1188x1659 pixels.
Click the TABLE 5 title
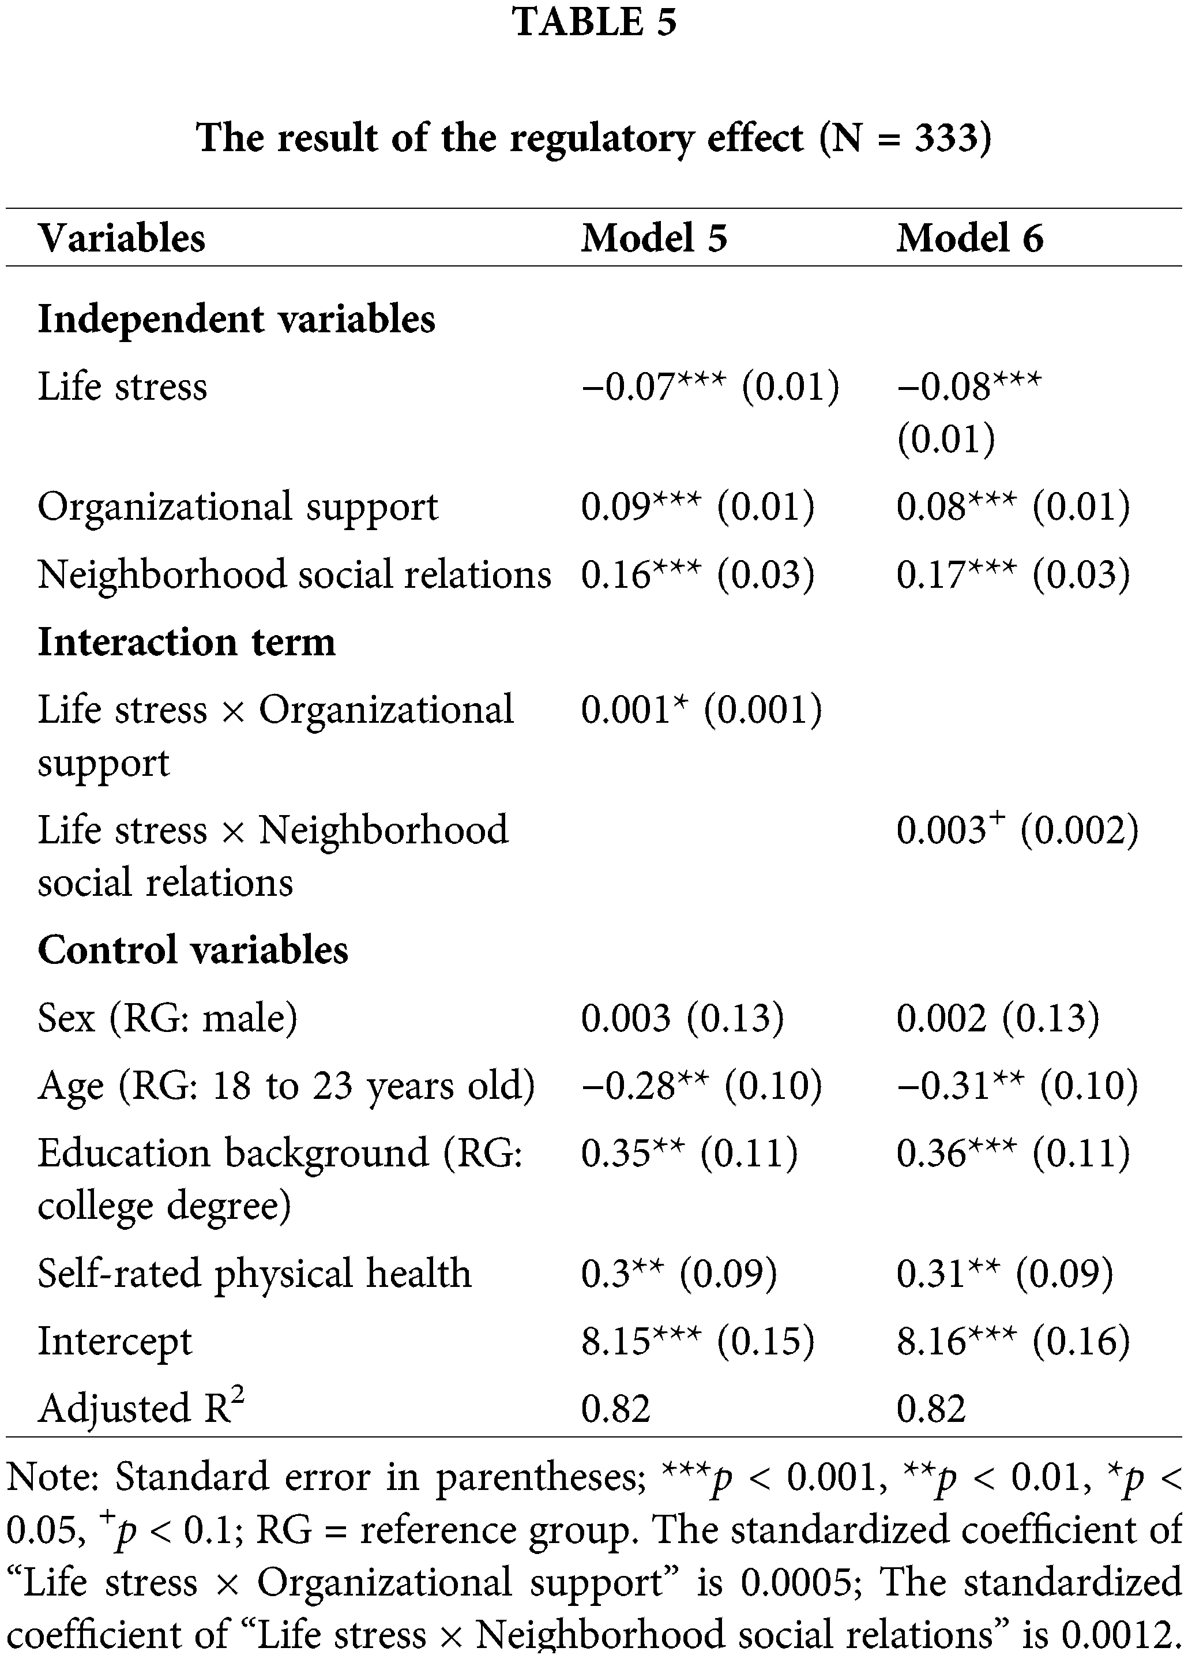tap(593, 22)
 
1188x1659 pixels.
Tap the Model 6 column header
tap(969, 238)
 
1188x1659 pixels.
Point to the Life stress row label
tap(122, 386)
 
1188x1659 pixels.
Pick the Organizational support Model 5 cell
tap(697, 506)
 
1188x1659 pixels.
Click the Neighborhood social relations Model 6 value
tap(1013, 573)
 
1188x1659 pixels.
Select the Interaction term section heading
tap(186, 642)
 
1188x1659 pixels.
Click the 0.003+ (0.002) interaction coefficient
tap(1017, 830)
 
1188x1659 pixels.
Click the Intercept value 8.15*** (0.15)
tap(697, 1341)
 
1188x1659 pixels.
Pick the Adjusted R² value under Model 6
tap(931, 1408)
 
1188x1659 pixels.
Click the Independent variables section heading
tap(236, 320)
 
